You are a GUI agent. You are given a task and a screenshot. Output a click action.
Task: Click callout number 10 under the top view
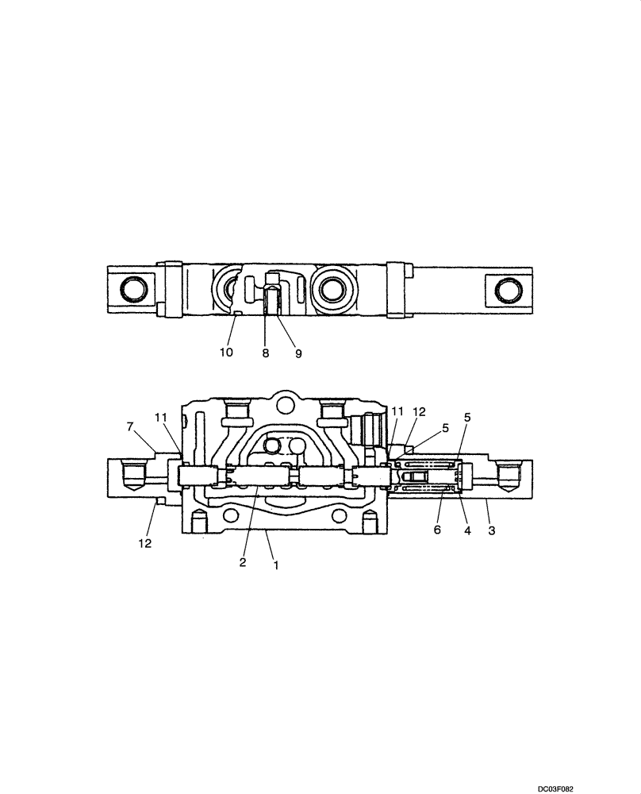click(x=226, y=352)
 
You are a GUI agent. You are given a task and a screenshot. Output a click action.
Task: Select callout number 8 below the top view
click(x=265, y=352)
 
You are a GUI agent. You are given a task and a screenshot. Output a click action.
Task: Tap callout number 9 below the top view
click(x=297, y=352)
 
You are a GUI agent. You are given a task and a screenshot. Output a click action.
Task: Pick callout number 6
click(x=437, y=529)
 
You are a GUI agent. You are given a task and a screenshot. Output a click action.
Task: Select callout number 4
click(x=467, y=530)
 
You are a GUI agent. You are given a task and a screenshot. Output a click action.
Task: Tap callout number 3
click(x=492, y=530)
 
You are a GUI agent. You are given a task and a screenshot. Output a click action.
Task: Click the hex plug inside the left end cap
click(x=132, y=477)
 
